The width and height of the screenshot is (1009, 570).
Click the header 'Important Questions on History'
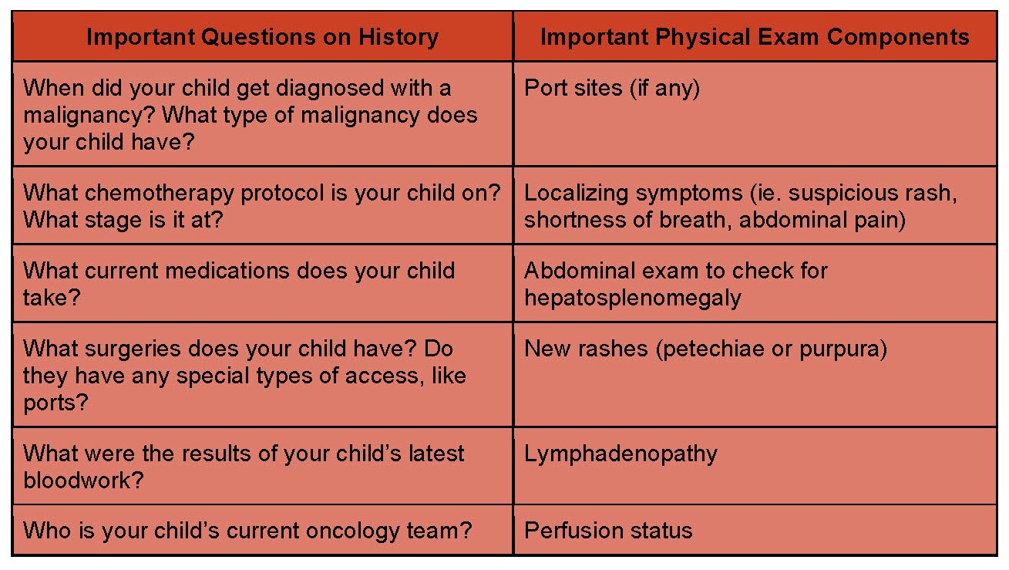click(263, 37)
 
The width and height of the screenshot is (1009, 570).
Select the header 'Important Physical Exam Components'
click(755, 37)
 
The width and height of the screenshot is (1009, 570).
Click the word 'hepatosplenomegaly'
click(632, 298)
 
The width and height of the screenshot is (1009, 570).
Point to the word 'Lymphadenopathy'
click(621, 454)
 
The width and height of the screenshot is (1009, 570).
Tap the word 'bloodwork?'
click(83, 481)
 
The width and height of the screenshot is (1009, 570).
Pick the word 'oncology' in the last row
click(353, 531)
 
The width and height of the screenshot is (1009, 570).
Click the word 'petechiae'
click(714, 349)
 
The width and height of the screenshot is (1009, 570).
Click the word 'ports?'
click(55, 403)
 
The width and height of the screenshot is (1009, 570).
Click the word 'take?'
click(52, 298)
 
